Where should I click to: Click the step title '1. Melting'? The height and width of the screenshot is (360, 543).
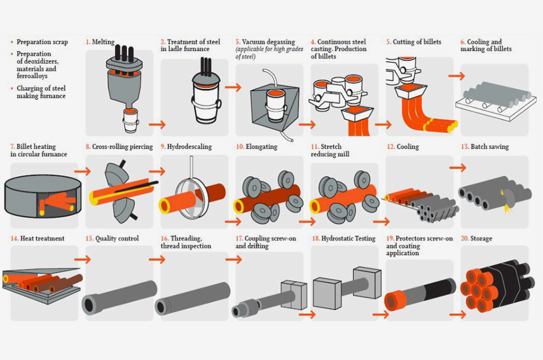[x=100, y=42]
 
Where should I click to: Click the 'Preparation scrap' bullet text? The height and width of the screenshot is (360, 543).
[x=42, y=42]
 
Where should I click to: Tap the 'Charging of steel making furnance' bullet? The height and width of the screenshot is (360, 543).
[x=41, y=92]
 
